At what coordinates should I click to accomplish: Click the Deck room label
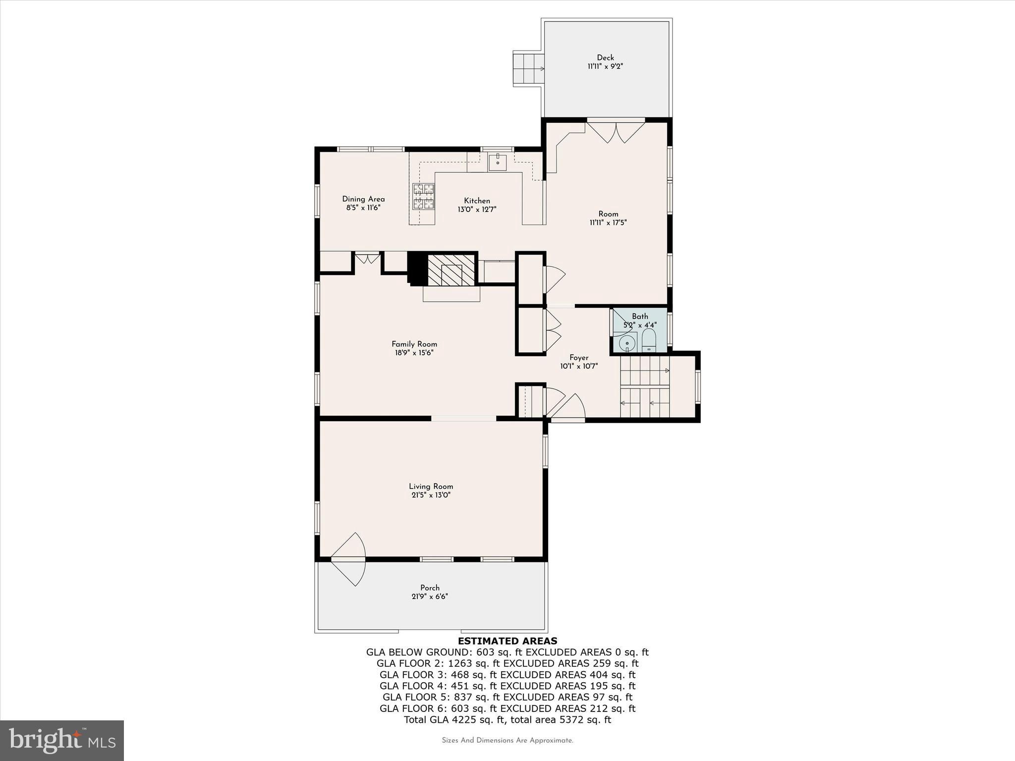605,57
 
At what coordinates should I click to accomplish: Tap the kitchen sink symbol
497,162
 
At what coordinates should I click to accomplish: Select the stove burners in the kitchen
424,196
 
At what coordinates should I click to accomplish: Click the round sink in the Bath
627,342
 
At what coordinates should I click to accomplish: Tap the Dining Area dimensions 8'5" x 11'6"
363,208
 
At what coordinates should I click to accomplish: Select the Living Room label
431,487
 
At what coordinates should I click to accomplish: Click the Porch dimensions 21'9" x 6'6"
430,597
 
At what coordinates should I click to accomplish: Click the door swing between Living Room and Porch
349,559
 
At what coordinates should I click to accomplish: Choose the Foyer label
579,358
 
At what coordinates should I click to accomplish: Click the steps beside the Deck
528,69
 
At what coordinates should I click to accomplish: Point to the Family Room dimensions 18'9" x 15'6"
414,353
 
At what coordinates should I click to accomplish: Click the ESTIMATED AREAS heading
507,641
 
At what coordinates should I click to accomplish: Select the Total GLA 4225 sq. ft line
507,720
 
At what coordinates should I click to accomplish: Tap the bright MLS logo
62,740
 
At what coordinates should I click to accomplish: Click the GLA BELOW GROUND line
507,652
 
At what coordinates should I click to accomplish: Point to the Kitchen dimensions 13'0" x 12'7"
477,210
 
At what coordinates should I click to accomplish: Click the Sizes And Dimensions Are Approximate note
507,741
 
